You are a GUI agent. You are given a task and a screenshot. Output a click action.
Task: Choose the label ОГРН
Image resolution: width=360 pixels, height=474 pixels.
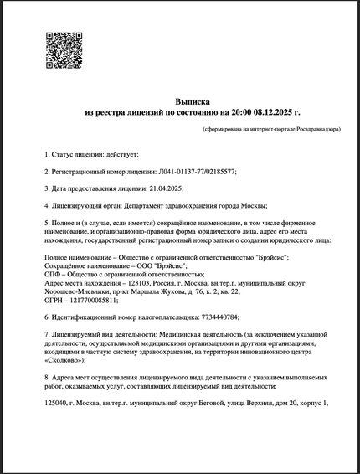(53, 299)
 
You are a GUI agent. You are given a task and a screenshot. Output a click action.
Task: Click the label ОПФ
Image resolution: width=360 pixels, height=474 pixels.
(52, 274)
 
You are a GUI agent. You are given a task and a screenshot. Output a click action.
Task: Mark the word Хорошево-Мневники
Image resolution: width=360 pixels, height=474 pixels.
(75, 291)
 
